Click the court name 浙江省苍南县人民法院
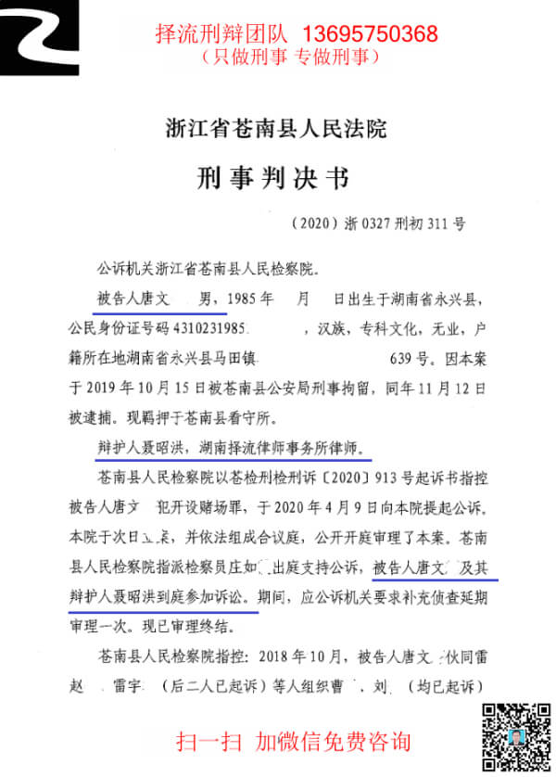[274, 129]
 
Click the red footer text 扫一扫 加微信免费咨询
[294, 741]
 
